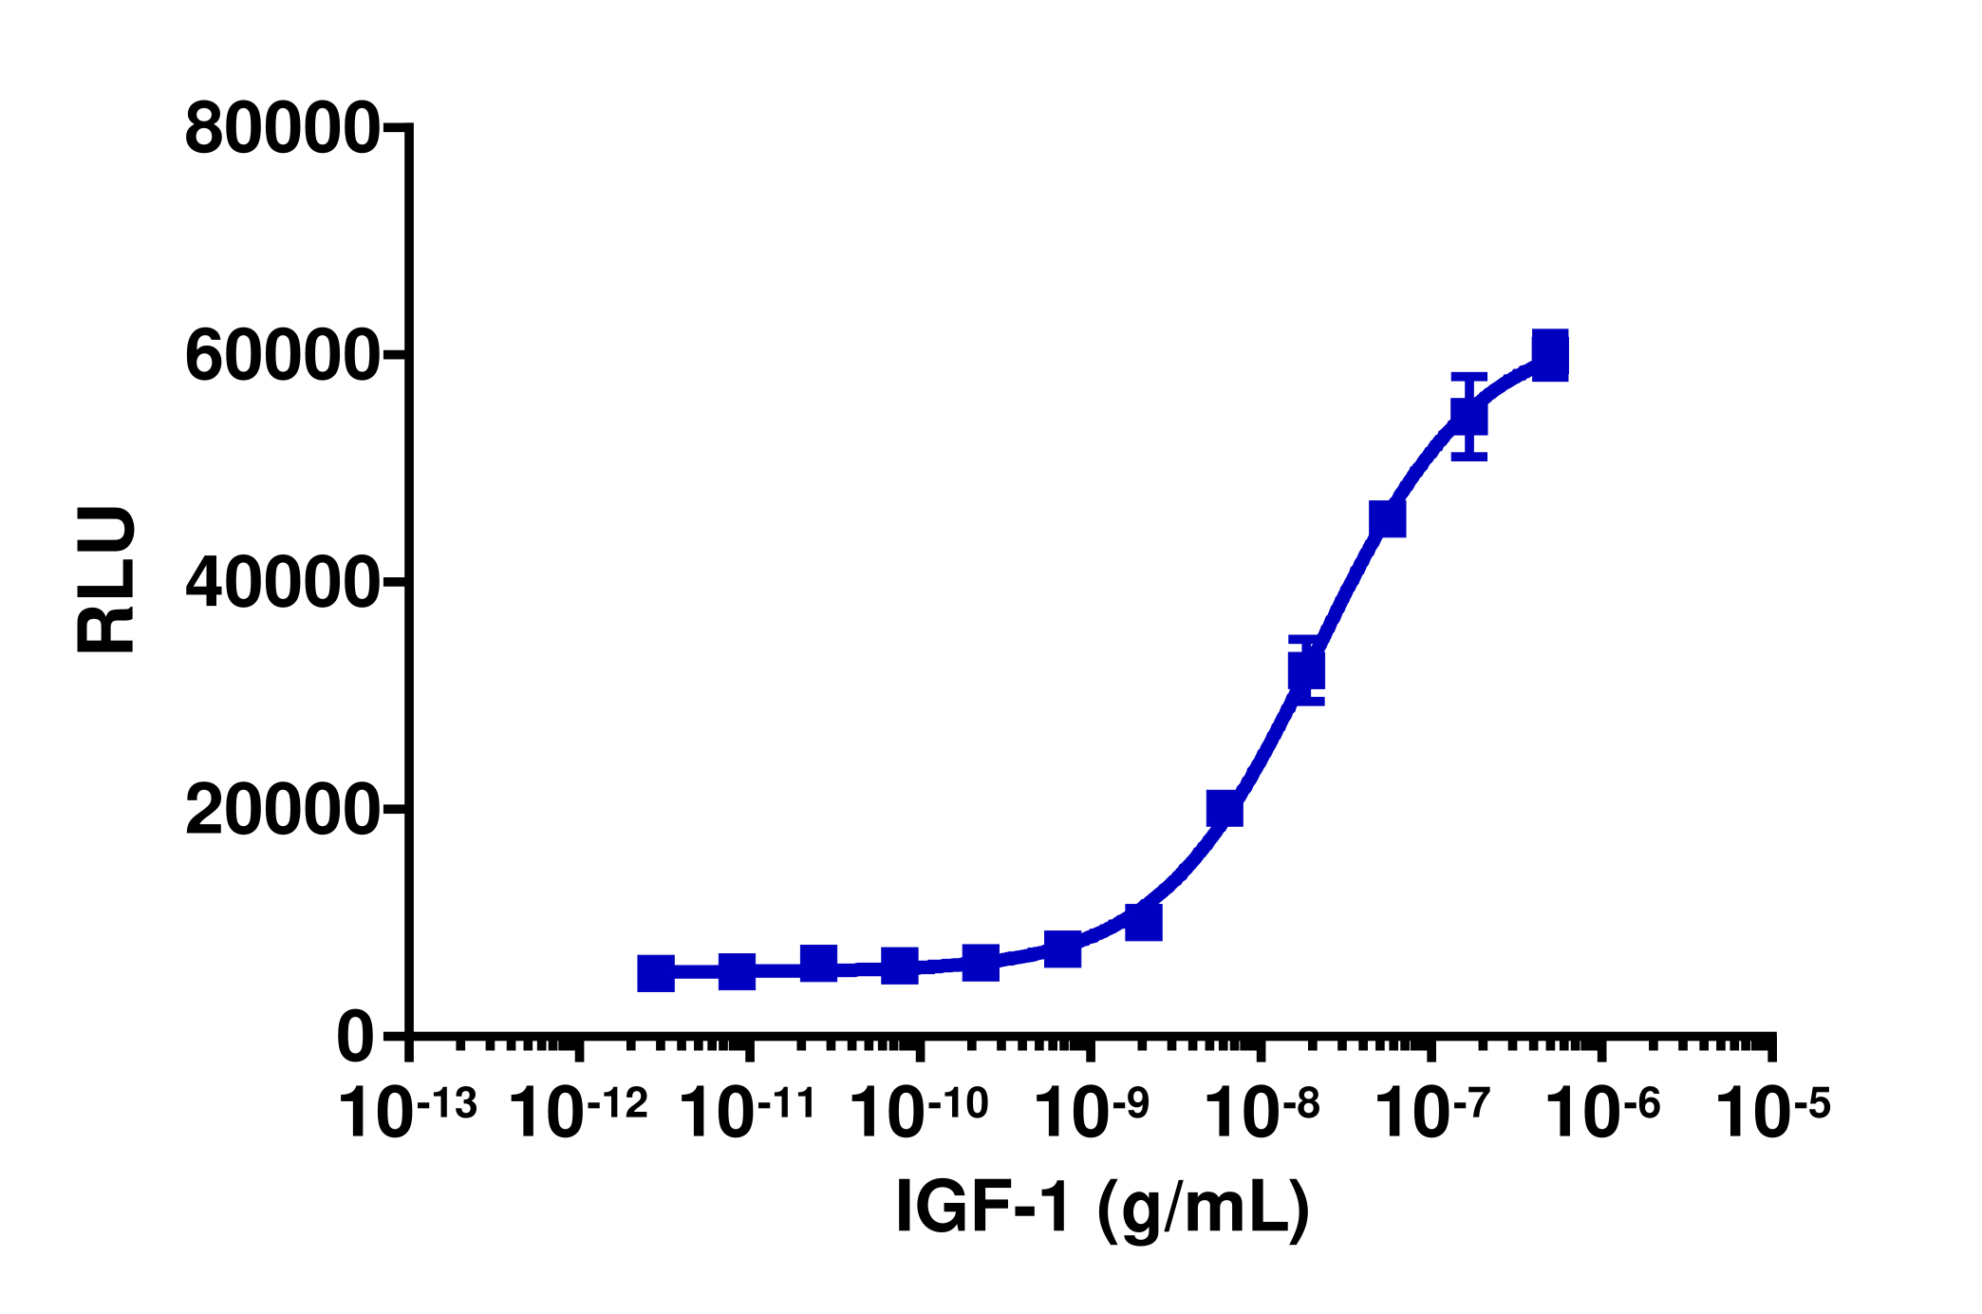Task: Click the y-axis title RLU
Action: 106,579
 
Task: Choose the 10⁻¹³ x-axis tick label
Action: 407,1112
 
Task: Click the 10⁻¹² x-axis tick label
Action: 578,1112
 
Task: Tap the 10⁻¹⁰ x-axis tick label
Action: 919,1112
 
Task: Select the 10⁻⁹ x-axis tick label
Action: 1092,1112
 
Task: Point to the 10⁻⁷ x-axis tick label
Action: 1432,1112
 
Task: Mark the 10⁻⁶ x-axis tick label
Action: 1603,1112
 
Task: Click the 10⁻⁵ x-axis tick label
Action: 1773,1112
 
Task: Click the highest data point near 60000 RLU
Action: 1549,355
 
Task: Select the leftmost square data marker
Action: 656,973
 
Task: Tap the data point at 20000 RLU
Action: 1225,809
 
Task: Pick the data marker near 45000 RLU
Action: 1387,519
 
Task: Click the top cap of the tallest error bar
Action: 1468,376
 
